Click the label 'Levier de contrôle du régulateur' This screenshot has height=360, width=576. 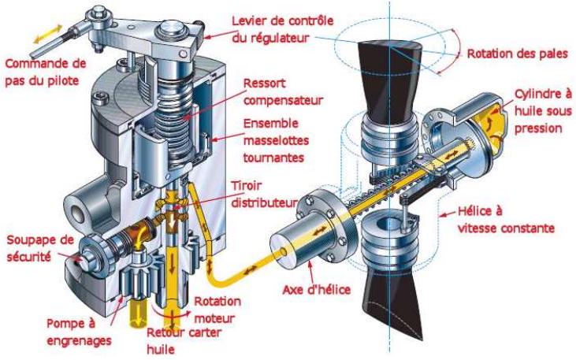(x=283, y=28)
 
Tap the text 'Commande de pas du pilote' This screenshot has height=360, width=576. (x=45, y=72)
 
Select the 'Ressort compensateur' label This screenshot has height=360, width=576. (x=283, y=92)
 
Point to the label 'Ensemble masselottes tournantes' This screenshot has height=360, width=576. (x=276, y=140)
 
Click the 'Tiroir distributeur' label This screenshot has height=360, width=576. (x=264, y=194)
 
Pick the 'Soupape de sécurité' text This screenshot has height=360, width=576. (x=40, y=248)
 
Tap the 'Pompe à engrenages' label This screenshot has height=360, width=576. (x=79, y=332)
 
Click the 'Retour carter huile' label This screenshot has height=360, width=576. (x=184, y=340)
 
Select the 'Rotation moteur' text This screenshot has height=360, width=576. (x=217, y=310)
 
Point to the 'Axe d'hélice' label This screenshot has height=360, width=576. (x=316, y=290)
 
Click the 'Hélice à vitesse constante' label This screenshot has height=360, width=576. (x=506, y=220)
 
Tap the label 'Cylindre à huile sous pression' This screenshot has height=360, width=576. (x=543, y=111)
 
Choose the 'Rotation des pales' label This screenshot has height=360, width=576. (x=517, y=54)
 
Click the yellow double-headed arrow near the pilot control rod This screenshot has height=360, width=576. (x=48, y=33)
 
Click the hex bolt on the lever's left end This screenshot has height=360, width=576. (x=98, y=13)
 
